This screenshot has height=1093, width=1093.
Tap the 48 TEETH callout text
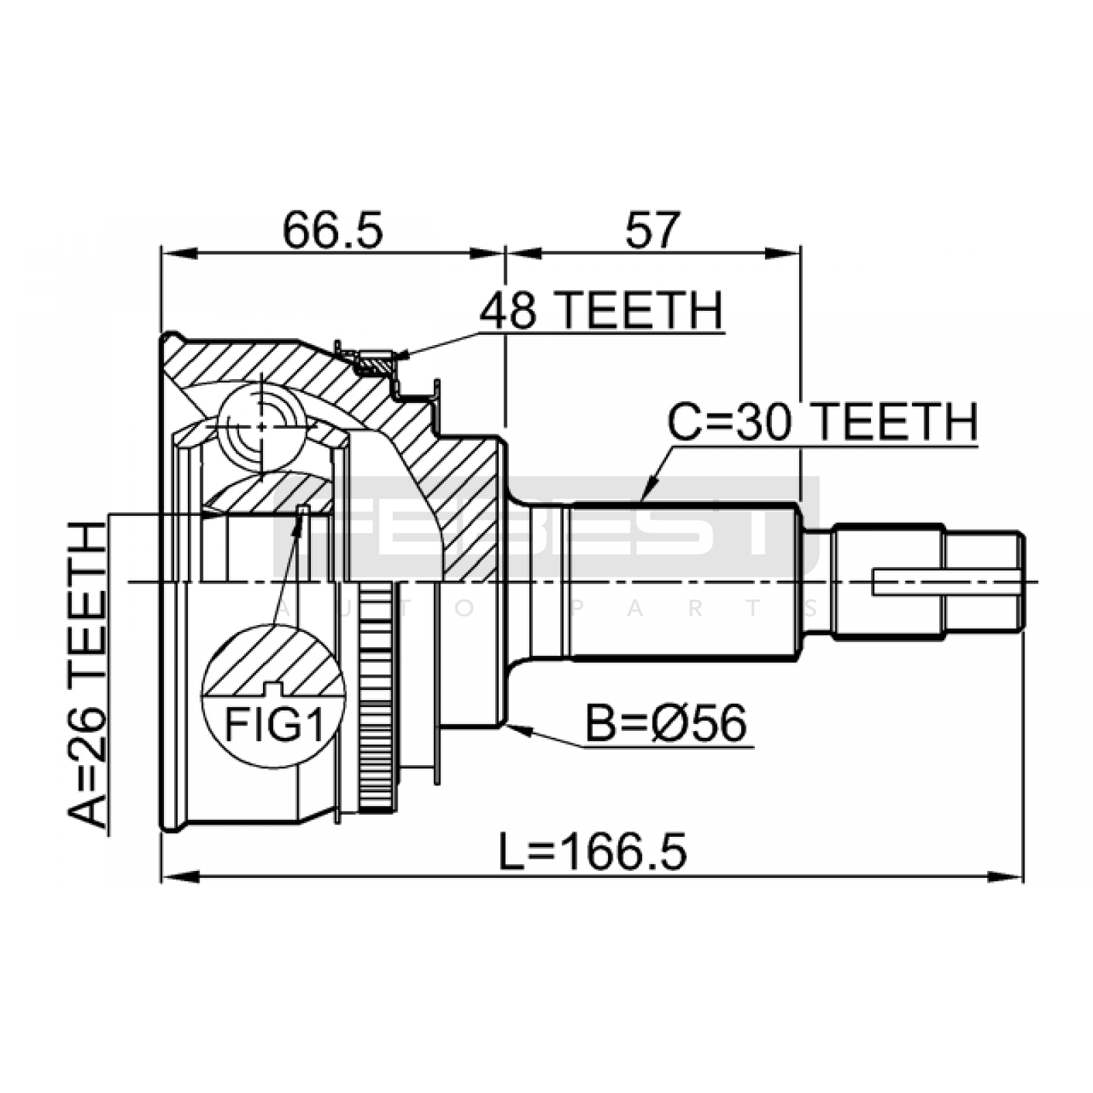[601, 311]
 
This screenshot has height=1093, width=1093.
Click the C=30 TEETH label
[822, 421]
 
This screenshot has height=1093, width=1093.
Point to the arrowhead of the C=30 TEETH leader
[648, 490]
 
